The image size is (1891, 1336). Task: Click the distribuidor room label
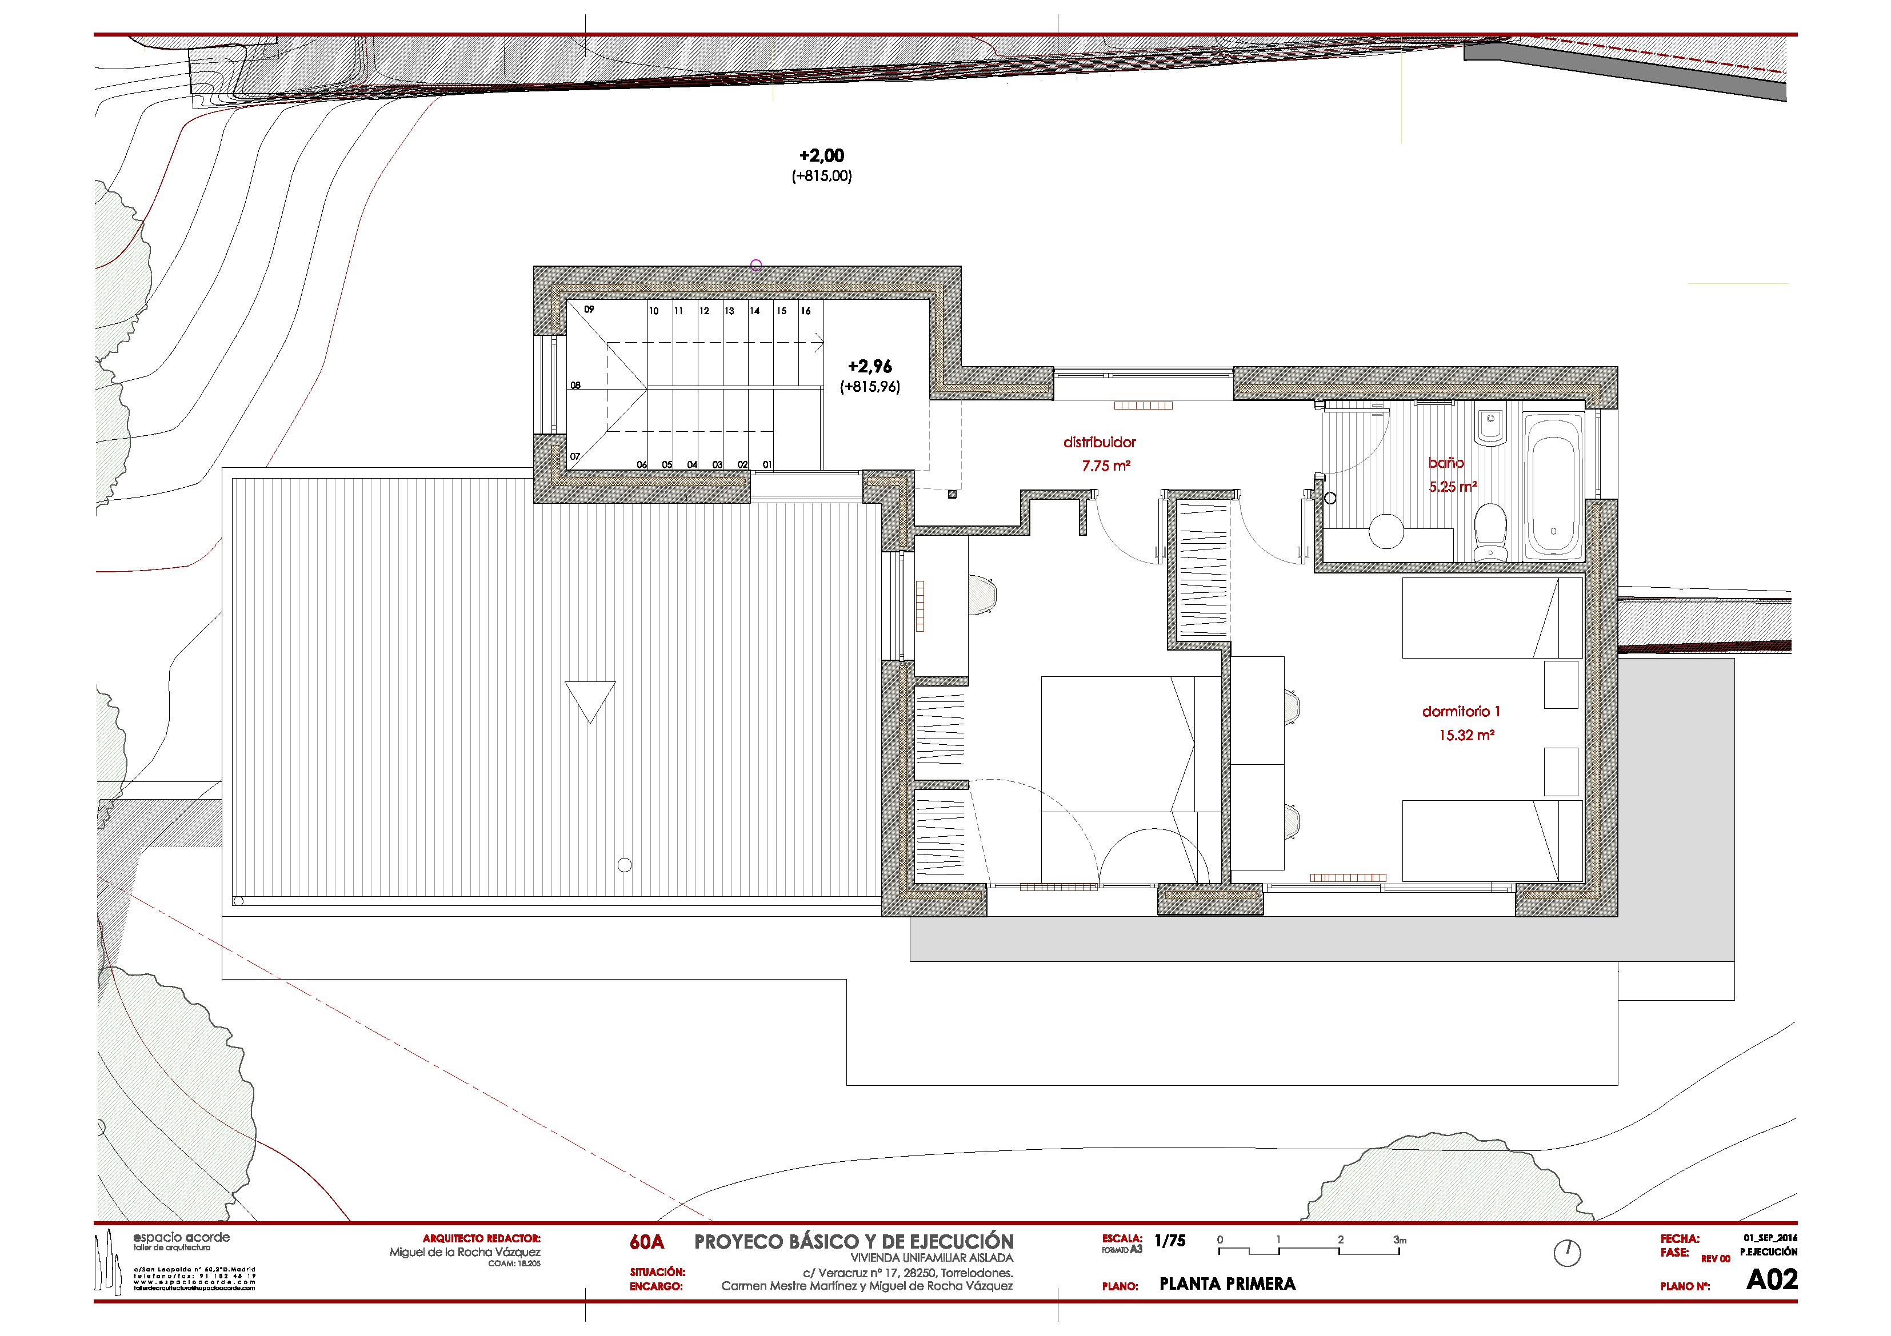(x=1099, y=443)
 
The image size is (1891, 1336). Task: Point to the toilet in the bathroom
(x=1490, y=532)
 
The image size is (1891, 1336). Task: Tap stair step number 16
(x=805, y=311)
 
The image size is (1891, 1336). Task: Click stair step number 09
(x=589, y=310)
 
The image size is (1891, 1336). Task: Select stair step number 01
(x=767, y=465)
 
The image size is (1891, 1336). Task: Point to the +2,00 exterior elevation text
(x=821, y=155)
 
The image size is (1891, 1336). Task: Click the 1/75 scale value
(x=1170, y=1241)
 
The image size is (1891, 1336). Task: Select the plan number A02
(x=1771, y=1279)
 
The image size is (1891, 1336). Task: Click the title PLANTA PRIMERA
(x=1226, y=1283)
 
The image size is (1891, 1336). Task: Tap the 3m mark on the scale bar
(x=1400, y=1239)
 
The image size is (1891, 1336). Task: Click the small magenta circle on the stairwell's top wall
(x=756, y=265)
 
